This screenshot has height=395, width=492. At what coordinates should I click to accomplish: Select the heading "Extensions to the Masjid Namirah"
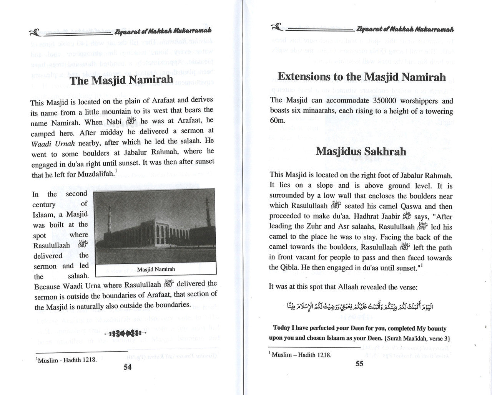point(361,77)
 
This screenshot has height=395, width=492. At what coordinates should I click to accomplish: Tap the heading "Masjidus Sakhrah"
point(361,151)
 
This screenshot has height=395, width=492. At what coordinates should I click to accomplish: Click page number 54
point(127,367)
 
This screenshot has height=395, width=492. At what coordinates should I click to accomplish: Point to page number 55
point(359,364)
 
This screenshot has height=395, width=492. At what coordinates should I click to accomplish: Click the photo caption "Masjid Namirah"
point(156,269)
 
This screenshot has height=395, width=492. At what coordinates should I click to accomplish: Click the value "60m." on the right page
point(278,121)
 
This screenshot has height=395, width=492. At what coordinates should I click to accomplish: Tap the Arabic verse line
point(361,307)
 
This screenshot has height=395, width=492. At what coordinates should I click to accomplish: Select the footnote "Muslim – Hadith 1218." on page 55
point(300,355)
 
